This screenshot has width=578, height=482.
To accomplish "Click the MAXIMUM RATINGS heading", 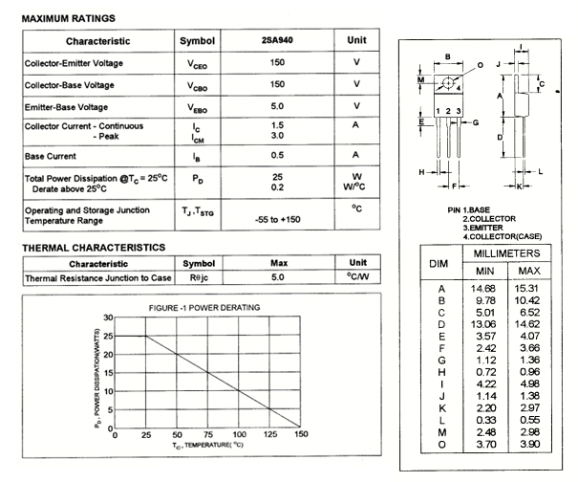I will tap(68, 18).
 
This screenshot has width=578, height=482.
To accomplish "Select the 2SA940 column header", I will tap(278, 42).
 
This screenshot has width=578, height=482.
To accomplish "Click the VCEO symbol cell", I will tap(197, 64).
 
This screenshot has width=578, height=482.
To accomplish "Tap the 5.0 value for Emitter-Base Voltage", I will tap(278, 106).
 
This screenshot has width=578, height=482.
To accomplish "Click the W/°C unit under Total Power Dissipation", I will tap(356, 187).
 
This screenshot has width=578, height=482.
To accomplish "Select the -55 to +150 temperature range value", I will tap(278, 220).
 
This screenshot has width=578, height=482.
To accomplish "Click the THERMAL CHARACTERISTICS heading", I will tap(93, 248).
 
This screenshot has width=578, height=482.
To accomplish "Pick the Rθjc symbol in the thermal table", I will tap(199, 278).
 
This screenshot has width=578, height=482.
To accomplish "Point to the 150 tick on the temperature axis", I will tap(301, 435).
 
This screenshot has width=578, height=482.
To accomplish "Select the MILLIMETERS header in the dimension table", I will tap(506, 253).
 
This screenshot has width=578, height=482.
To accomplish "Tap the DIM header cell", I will tap(439, 262).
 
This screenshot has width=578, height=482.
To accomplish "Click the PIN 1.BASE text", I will tap(469, 209).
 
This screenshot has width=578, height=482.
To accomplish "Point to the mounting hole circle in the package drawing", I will tap(447, 83).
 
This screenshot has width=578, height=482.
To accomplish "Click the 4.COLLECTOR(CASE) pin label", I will tap(503, 235).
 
